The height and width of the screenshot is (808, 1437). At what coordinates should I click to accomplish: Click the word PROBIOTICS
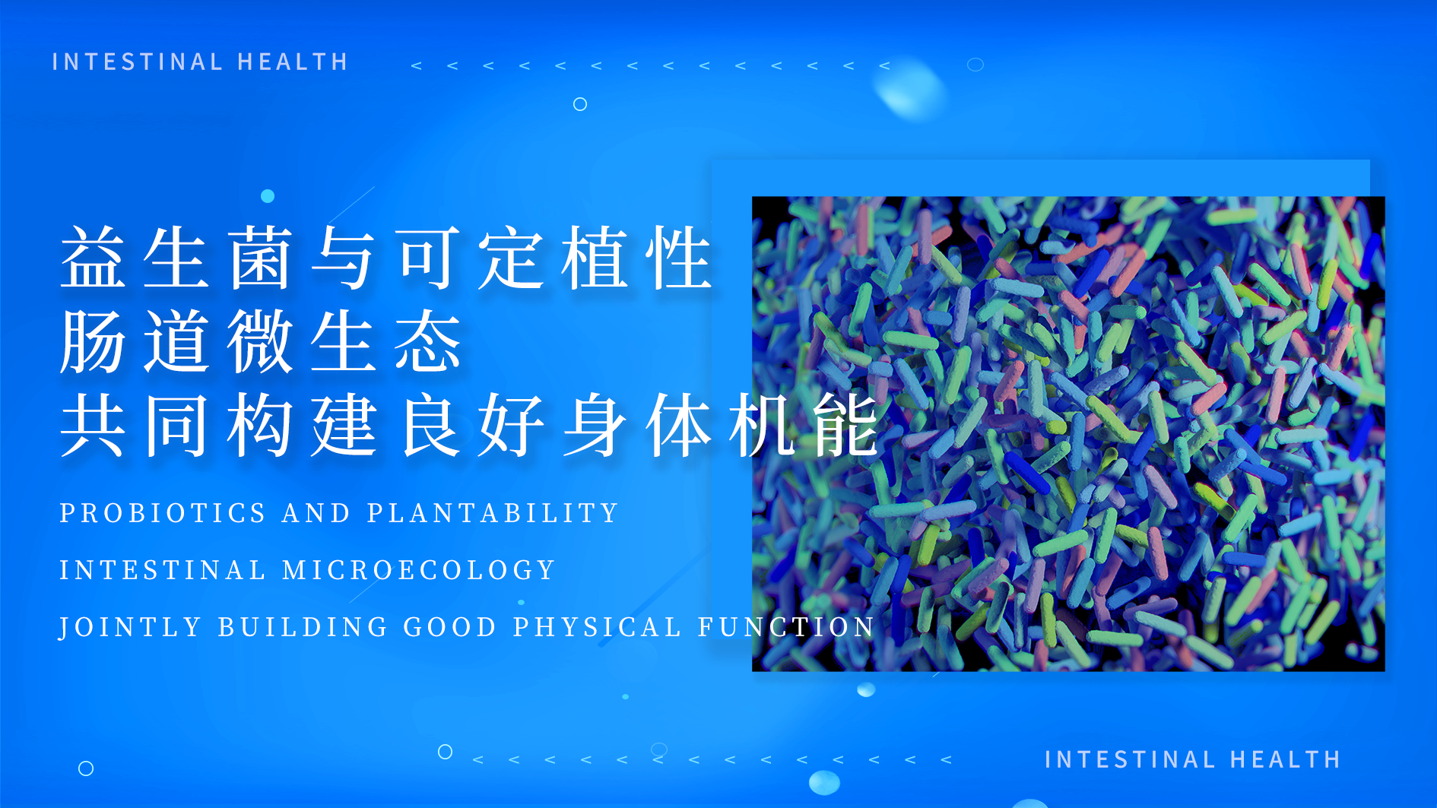click(x=163, y=513)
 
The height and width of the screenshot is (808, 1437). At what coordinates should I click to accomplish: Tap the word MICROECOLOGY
click(x=419, y=570)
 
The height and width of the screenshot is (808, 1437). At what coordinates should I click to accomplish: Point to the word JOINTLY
click(x=130, y=627)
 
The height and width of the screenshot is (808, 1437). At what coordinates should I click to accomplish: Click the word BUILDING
click(x=303, y=627)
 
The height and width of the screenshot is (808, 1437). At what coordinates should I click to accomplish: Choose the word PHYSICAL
click(x=597, y=627)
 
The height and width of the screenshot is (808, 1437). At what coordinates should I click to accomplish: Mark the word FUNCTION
click(x=786, y=627)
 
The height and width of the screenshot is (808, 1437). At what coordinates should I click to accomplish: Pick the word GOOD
click(x=450, y=627)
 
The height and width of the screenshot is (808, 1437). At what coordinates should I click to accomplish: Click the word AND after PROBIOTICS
click(x=316, y=513)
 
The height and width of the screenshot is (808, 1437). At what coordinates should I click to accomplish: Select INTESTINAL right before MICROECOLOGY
click(x=163, y=570)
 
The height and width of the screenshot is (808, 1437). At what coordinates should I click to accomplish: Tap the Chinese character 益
click(x=94, y=258)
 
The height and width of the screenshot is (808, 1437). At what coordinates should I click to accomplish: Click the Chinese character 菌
click(x=261, y=258)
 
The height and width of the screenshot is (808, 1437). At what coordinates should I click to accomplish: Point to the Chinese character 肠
click(x=94, y=341)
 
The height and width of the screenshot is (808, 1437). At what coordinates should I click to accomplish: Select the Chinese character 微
click(x=261, y=341)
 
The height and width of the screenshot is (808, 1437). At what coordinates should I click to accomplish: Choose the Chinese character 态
click(x=428, y=341)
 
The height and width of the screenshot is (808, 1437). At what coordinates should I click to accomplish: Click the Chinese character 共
click(x=94, y=425)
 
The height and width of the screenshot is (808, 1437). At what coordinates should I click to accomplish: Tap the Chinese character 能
click(x=846, y=425)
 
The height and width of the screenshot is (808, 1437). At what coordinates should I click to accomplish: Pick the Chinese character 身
click(x=595, y=425)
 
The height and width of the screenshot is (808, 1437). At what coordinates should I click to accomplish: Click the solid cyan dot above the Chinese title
click(x=268, y=196)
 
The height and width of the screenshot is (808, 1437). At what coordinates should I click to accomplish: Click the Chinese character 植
click(x=595, y=258)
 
